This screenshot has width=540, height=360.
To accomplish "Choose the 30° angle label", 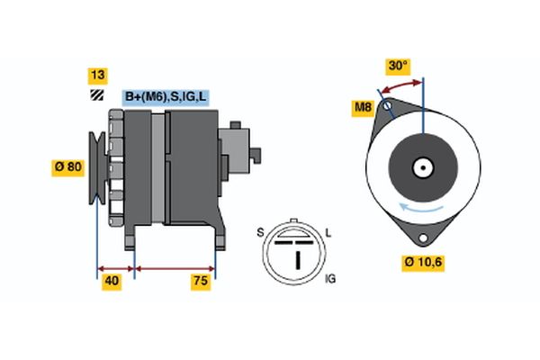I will click(x=397, y=66).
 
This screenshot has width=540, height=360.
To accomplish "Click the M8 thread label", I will click(x=362, y=109).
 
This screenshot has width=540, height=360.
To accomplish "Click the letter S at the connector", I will click(x=262, y=233).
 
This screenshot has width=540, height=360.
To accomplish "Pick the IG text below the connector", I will click(x=328, y=280).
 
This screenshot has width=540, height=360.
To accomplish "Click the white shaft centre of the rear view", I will click(x=422, y=167).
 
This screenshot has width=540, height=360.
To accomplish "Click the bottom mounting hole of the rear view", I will click(x=423, y=236).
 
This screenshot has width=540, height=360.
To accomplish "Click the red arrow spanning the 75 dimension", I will click(x=175, y=268).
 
